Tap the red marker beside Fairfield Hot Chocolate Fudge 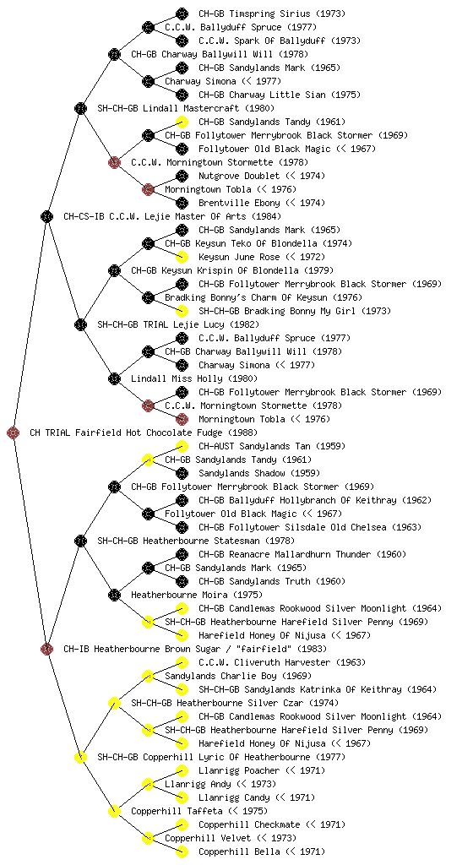point(14,433)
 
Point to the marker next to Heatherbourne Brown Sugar point(46,650)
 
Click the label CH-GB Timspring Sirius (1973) point(272,14)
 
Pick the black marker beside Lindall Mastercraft point(80,108)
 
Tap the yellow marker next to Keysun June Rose point(182,257)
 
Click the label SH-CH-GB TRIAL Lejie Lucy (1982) point(178,325)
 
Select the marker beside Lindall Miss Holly point(114,379)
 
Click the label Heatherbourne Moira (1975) point(197,596)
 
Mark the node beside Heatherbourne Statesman point(80,541)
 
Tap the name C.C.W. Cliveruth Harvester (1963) point(272,662)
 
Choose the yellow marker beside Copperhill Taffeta point(114,812)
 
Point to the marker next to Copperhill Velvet point(148,839)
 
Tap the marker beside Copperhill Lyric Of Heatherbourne point(80,758)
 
